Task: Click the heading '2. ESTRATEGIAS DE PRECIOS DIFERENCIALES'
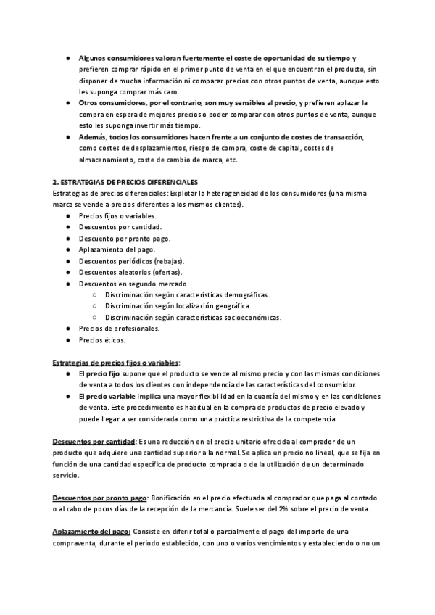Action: [125, 181]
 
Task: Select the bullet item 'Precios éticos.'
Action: [102, 339]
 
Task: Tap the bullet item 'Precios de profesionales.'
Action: [119, 329]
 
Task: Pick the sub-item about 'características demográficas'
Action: [186, 294]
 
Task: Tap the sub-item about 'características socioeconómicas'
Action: [193, 317]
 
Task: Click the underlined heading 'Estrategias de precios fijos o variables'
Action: [116, 362]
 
